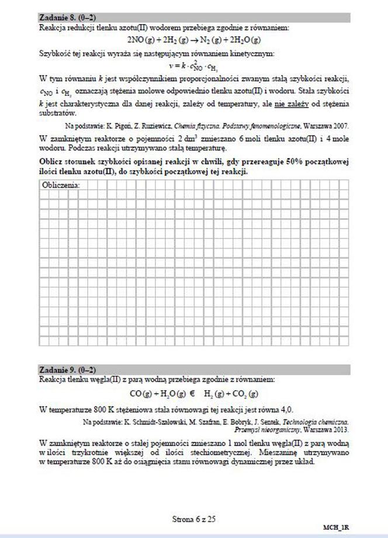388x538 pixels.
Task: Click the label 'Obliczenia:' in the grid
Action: [61, 185]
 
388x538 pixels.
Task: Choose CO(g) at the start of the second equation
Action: [141, 394]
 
